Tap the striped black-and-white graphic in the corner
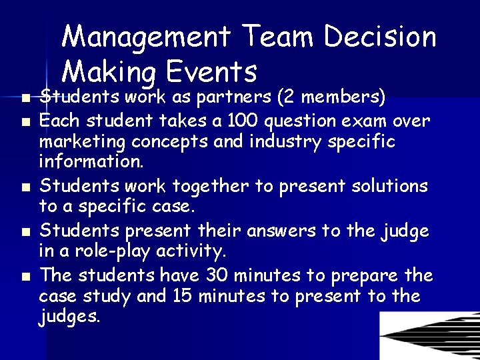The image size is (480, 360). pyautogui.click(x=429, y=336)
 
